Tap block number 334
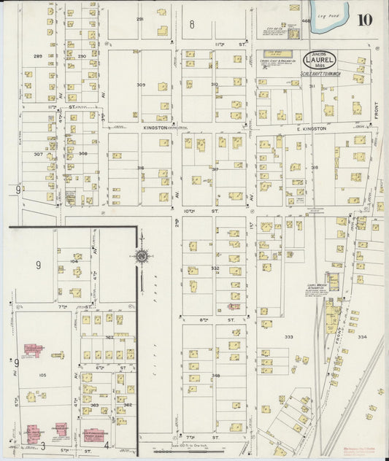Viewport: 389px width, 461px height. coord(363,337)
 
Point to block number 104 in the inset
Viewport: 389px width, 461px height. coord(74,260)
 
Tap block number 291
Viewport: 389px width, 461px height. coord(139,20)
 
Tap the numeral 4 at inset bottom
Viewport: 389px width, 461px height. coord(107,444)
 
